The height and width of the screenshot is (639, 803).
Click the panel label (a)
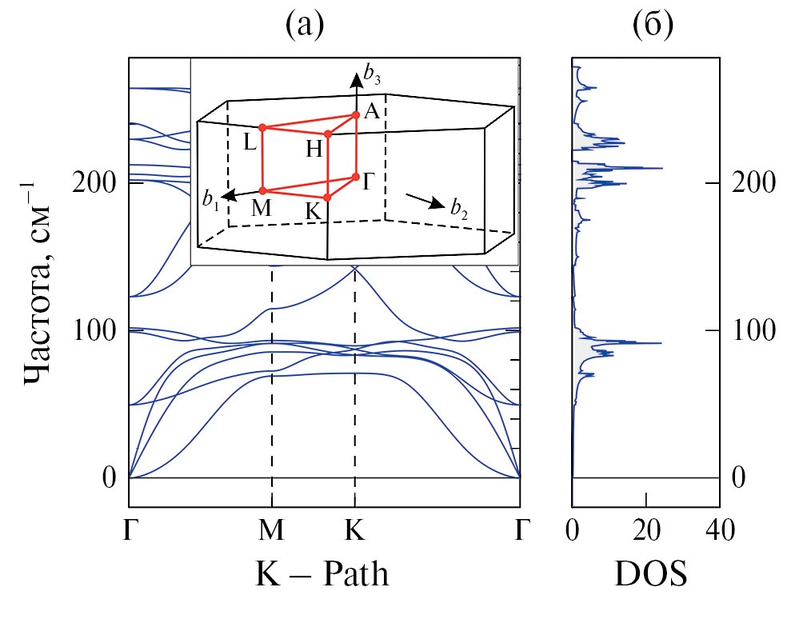point(305,27)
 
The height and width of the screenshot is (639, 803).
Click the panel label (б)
point(653,27)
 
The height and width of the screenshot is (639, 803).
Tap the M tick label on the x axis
point(272,529)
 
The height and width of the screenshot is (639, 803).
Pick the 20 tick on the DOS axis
point(646,529)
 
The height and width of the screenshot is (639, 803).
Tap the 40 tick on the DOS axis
point(719,529)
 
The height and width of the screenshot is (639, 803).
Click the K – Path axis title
point(322,573)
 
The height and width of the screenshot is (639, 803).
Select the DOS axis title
point(650,573)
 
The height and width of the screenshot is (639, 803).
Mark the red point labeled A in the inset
point(356,114)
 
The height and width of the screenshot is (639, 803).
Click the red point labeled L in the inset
point(262,127)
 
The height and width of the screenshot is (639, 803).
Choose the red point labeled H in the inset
point(328,134)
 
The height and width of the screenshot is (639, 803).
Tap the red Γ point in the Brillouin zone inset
point(355,177)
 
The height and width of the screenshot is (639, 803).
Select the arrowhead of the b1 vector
point(226,196)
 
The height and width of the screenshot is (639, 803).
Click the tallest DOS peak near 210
point(661,169)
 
